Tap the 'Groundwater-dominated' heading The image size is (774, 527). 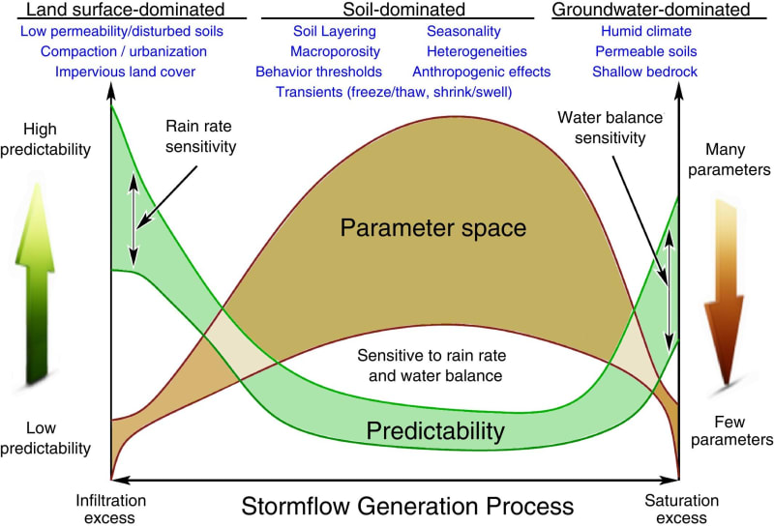(x=664, y=11)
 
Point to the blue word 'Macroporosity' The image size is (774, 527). (x=336, y=51)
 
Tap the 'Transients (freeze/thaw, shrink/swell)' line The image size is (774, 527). (x=394, y=92)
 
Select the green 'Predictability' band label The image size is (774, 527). (x=434, y=428)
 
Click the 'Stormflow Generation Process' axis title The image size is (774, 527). (x=407, y=506)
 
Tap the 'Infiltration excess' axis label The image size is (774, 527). (x=112, y=510)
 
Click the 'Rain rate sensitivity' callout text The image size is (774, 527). (x=201, y=136)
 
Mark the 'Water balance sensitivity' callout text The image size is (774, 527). (x=610, y=127)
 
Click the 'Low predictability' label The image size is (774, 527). (x=45, y=438)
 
